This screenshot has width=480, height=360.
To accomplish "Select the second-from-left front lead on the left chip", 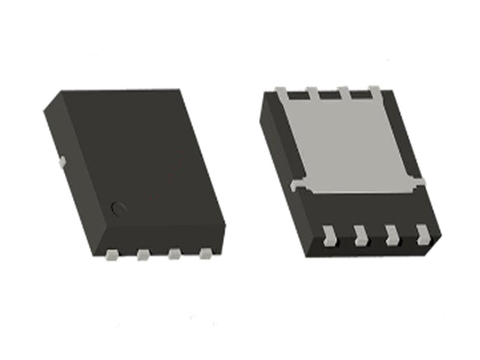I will [x=143, y=256].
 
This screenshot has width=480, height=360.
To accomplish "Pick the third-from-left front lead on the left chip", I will [x=174, y=255].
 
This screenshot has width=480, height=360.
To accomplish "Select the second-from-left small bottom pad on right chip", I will [x=360, y=235].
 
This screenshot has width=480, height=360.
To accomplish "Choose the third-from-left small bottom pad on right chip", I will [x=392, y=235].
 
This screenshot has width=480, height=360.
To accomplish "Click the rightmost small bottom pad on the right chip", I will [x=423, y=235].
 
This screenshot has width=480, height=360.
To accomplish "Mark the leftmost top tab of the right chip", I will [x=281, y=92].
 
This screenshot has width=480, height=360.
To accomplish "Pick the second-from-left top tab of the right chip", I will [x=312, y=92].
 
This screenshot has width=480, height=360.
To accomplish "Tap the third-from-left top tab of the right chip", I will [x=343, y=91].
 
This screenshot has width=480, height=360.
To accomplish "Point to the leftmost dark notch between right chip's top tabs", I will [x=296, y=95].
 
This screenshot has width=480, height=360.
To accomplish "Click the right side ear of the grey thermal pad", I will [x=420, y=182].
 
